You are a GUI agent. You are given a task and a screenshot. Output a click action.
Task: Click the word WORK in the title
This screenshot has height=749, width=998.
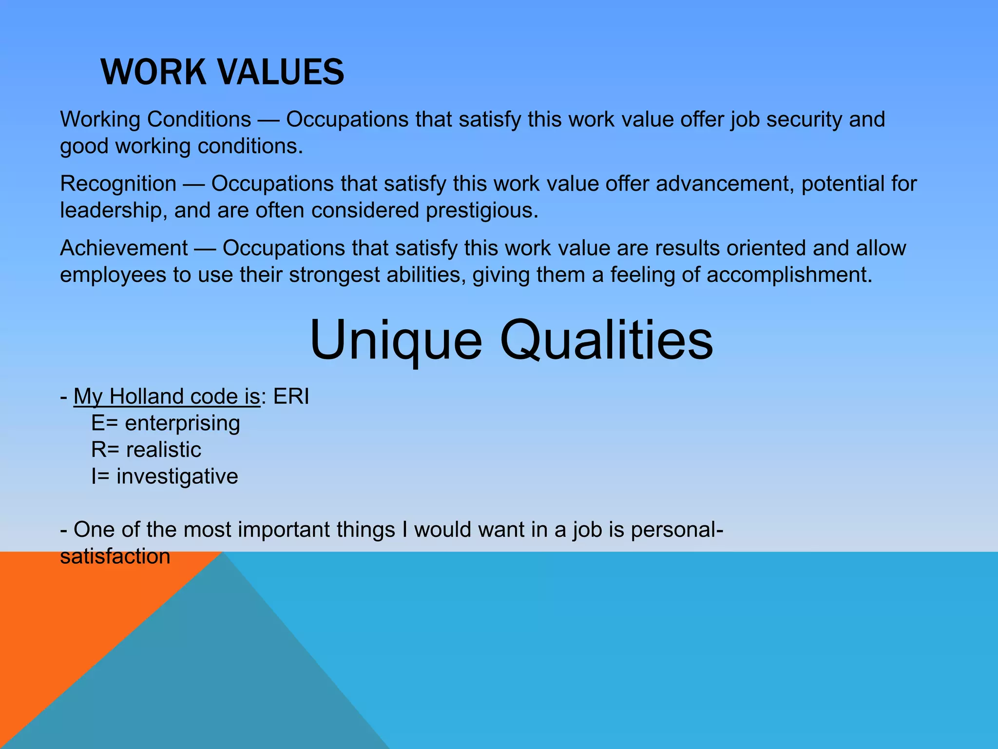(x=153, y=72)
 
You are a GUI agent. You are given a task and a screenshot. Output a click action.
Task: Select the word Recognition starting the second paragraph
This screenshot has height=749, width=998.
(x=118, y=184)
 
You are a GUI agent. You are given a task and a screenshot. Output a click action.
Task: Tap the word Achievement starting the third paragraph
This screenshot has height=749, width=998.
(x=124, y=248)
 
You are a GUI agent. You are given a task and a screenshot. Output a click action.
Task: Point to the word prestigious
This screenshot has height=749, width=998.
(x=481, y=211)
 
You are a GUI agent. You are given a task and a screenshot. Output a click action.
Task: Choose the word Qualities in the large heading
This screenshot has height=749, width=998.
(x=606, y=340)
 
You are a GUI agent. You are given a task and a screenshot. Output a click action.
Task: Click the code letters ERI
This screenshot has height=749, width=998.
(x=291, y=396)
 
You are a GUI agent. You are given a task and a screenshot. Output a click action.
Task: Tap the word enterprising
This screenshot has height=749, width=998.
(x=182, y=423)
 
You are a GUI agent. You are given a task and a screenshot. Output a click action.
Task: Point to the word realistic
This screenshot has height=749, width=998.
(x=163, y=450)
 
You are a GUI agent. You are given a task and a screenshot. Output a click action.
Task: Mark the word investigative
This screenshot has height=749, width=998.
(x=177, y=476)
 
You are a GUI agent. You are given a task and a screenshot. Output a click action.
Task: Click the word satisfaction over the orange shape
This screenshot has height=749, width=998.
(x=115, y=556)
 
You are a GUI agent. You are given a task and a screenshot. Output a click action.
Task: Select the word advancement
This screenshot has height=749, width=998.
(x=725, y=184)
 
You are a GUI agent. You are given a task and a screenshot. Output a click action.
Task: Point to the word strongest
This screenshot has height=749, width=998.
(x=334, y=275)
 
